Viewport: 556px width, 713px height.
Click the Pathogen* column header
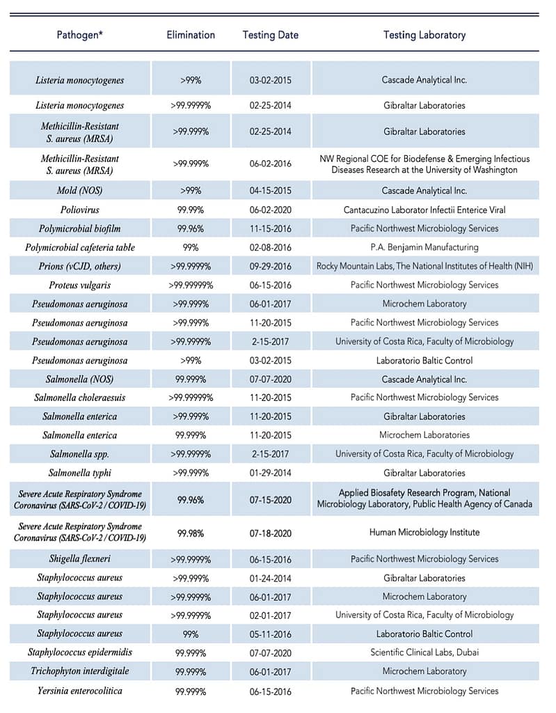click(x=79, y=35)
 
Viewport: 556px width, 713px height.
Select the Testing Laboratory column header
click(x=424, y=35)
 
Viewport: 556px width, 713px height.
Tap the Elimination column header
click(x=191, y=35)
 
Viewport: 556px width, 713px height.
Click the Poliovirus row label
click(x=79, y=210)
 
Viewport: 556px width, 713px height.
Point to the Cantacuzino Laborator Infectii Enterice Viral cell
click(x=424, y=210)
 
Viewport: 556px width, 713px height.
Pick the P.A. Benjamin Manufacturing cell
click(x=424, y=247)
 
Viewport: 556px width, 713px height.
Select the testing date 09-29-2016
click(x=271, y=266)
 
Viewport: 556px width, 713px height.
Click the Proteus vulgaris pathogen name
click(x=79, y=285)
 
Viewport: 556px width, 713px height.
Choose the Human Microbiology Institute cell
click(x=424, y=533)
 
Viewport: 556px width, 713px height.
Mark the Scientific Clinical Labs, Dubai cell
click(x=424, y=652)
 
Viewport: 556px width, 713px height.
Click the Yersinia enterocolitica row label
click(x=79, y=691)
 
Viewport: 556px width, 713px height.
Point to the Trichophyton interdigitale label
click(x=79, y=671)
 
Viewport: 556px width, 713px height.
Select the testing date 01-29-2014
click(x=271, y=473)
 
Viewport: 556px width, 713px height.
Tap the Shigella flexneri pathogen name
click(x=79, y=558)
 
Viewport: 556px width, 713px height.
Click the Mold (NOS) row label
click(x=79, y=191)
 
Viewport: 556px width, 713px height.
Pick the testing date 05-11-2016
click(x=271, y=634)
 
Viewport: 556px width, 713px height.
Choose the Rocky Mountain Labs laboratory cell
click(x=424, y=266)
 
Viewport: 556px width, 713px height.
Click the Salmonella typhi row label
click(x=79, y=473)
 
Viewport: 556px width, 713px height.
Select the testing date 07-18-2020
click(x=271, y=533)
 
